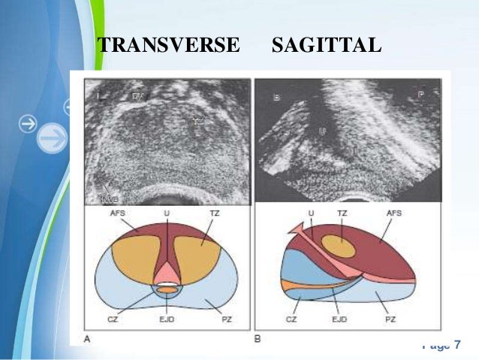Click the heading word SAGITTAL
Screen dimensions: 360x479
327,47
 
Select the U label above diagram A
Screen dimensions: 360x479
167,214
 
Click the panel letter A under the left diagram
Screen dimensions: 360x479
88,340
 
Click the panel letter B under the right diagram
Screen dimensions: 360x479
258,340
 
